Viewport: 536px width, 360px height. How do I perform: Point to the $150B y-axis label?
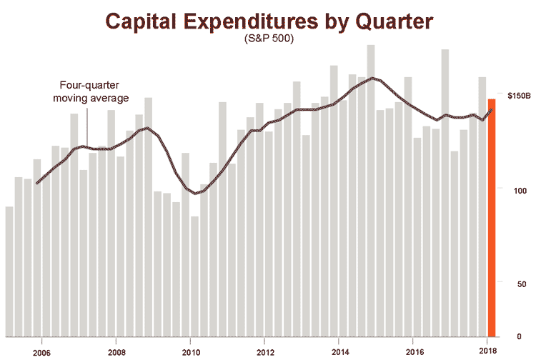[x=519, y=95]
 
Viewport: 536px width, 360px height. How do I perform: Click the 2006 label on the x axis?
[x=41, y=351]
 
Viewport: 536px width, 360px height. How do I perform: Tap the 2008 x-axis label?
[x=116, y=351]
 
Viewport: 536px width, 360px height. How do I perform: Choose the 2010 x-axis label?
[x=190, y=351]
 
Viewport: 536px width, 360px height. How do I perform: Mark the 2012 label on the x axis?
[x=265, y=351]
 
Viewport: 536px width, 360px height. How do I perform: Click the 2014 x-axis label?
[x=339, y=351]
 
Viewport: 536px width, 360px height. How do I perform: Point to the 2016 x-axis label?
[x=414, y=351]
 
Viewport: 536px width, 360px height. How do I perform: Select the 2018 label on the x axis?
[x=488, y=351]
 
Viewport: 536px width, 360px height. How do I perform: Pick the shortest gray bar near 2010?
[x=194, y=276]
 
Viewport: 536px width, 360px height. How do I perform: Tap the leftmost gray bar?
[x=9, y=271]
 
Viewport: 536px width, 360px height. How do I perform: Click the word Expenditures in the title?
[x=268, y=21]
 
